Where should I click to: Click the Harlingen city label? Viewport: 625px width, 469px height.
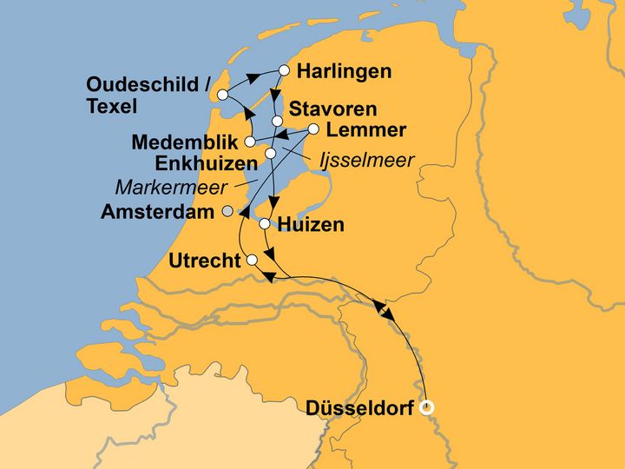click(344, 72)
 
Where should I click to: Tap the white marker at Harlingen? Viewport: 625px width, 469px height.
click(284, 70)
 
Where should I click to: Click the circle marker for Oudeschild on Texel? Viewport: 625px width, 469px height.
click(223, 95)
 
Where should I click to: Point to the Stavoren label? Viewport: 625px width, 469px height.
click(332, 109)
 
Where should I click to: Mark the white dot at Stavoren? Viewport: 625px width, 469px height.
click(277, 121)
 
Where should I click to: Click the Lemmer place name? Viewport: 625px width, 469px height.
click(366, 130)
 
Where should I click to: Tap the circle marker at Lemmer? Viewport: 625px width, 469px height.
click(314, 130)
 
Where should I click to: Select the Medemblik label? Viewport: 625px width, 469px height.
click(185, 142)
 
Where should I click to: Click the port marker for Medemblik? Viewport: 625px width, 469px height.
click(249, 142)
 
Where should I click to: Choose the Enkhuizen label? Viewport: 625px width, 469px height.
click(206, 162)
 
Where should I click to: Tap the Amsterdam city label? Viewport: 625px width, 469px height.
click(158, 211)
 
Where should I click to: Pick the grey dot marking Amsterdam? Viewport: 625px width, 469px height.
click(227, 211)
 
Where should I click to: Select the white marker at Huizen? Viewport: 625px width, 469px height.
click(265, 224)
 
